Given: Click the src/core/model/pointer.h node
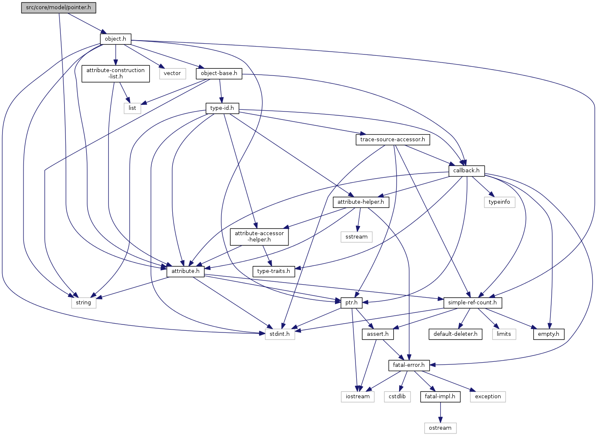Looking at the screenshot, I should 58,8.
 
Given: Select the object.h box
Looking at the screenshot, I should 115,39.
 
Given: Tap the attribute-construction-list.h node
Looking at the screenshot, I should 115,73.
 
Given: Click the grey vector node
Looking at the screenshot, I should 172,73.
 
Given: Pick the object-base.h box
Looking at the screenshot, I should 219,73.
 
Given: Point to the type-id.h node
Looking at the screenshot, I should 222,108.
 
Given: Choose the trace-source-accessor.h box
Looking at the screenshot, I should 392,140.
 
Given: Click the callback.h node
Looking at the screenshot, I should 466,171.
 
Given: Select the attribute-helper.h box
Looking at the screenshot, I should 361,202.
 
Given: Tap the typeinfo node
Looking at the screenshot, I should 499,202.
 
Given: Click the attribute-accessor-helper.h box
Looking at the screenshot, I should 259,236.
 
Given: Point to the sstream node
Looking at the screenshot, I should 356,237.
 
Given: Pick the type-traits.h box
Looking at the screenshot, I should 273,271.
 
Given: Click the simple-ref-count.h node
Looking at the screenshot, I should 472,303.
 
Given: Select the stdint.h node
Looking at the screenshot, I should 280,334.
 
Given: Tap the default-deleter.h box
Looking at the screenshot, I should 455,334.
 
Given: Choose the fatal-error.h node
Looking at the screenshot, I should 409,365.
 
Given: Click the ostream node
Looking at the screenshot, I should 440,428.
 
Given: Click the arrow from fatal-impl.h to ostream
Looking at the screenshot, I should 440,413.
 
